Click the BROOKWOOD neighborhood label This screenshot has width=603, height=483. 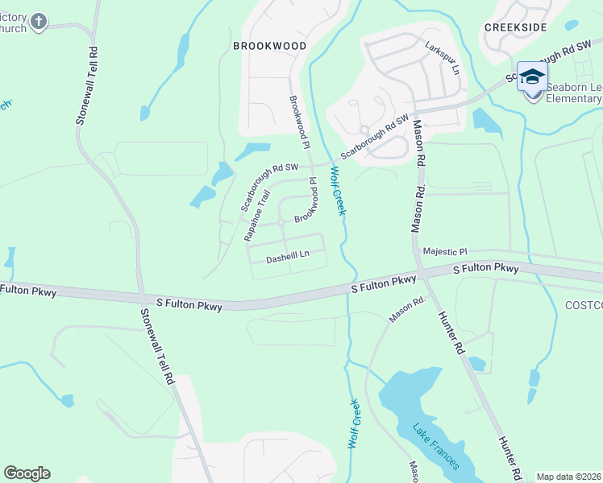pyautogui.click(x=269, y=46)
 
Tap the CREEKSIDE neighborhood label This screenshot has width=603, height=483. pyautogui.click(x=515, y=27)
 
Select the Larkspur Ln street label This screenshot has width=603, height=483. pyautogui.click(x=442, y=58)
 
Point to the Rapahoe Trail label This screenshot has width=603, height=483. pyautogui.click(x=257, y=215)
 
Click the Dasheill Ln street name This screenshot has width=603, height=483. pyautogui.click(x=288, y=258)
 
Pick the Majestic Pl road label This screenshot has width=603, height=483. pyautogui.click(x=444, y=252)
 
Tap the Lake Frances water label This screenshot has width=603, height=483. pyautogui.click(x=436, y=446)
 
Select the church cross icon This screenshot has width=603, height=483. pyautogui.click(x=40, y=20)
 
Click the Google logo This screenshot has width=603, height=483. pyautogui.click(x=27, y=473)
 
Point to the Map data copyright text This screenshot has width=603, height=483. pyautogui.click(x=568, y=477)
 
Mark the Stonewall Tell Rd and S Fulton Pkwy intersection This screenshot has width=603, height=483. pyautogui.click(x=140, y=295)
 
